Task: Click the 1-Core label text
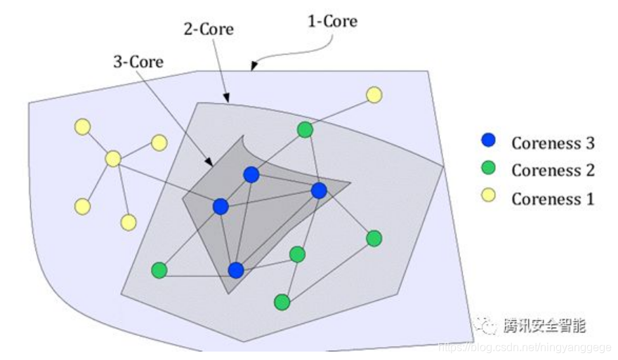[332, 22]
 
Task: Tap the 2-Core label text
[209, 30]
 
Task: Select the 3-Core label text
[138, 62]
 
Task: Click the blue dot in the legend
[489, 141]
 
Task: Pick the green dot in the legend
[489, 168]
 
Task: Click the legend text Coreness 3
[553, 143]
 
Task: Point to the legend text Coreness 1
[553, 199]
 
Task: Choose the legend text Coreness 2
[553, 171]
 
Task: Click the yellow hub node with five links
[113, 159]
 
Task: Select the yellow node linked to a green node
[374, 94]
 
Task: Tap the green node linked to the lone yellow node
[305, 129]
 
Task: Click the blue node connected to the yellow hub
[221, 206]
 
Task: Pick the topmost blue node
[251, 175]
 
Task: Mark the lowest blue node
[236, 269]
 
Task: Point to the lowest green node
[282, 302]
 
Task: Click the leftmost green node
[159, 269]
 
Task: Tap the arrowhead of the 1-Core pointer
[253, 68]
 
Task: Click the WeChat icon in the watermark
[485, 326]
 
